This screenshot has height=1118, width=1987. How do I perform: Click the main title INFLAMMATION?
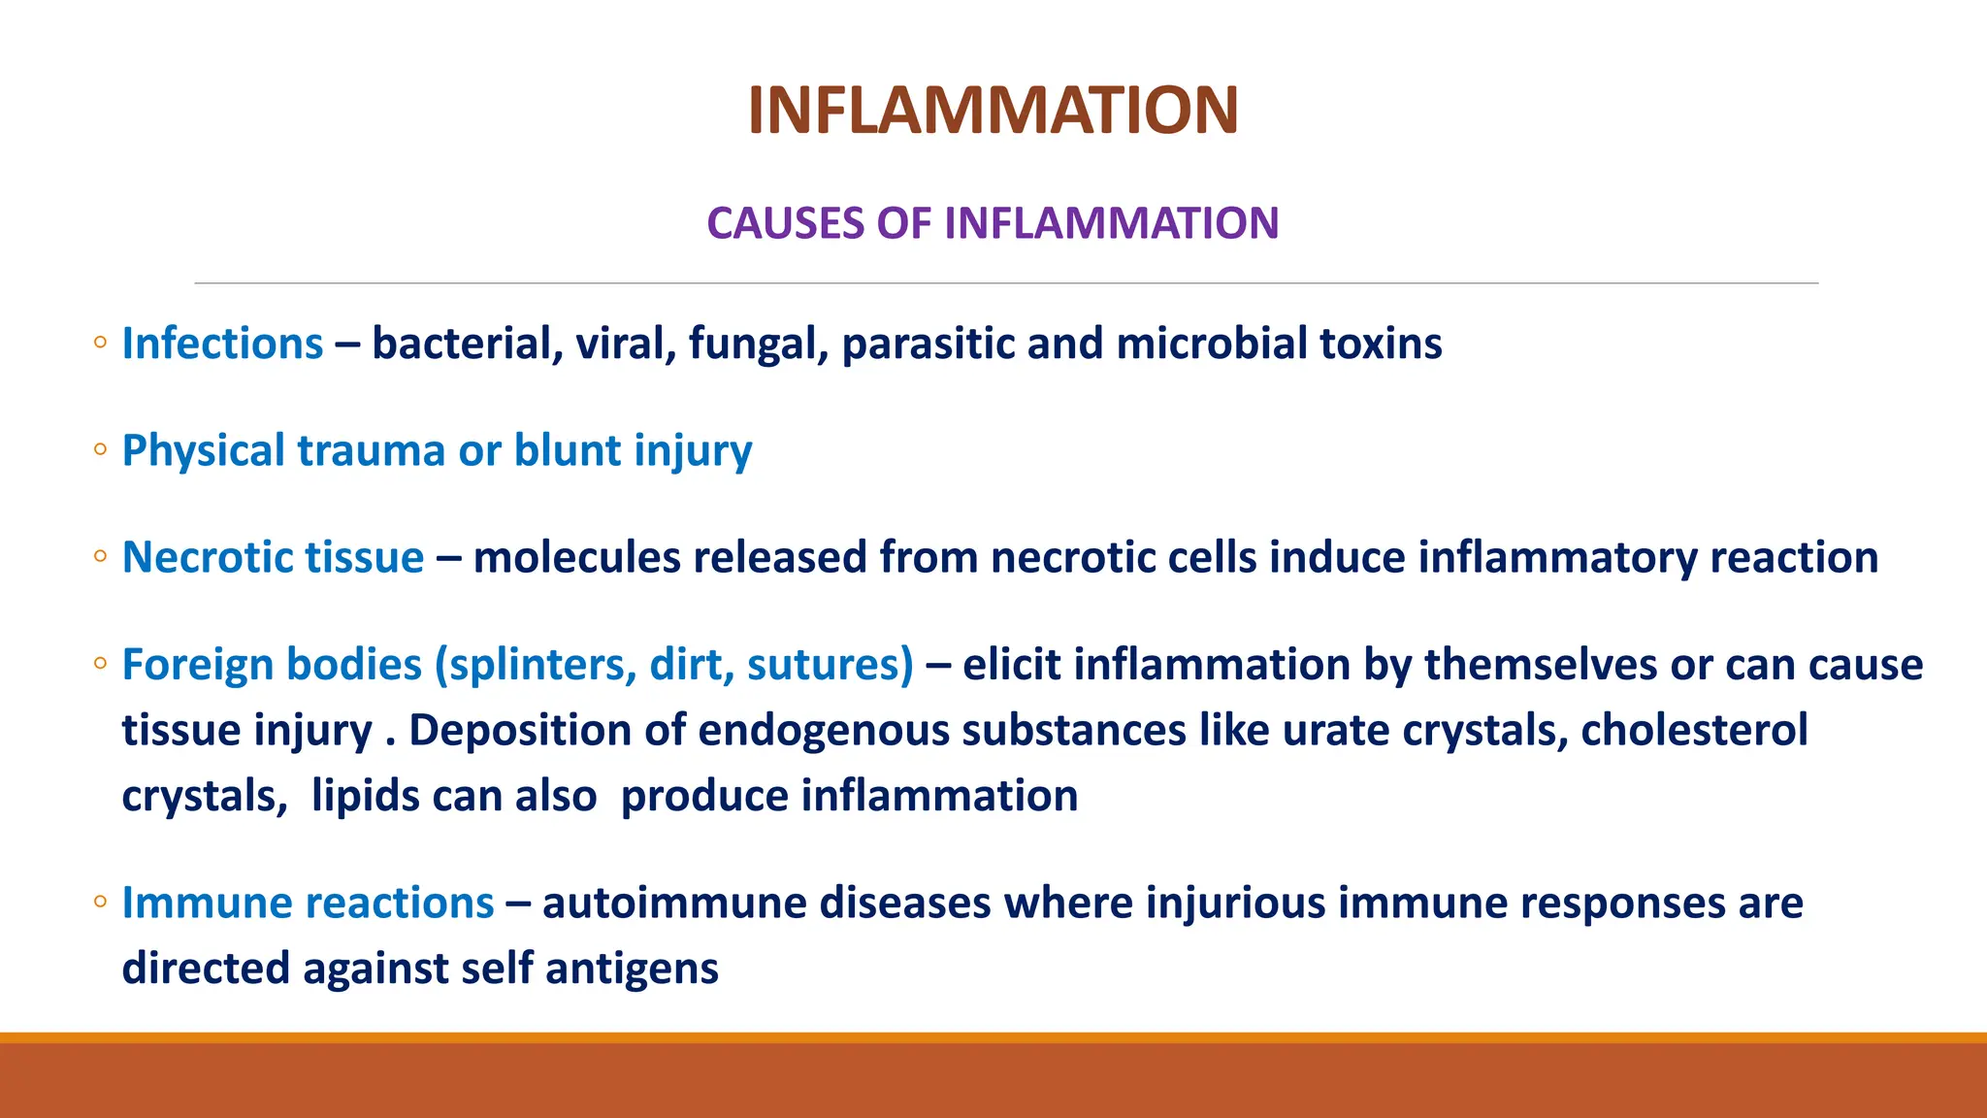[993, 110]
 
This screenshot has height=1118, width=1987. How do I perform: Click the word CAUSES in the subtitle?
[785, 223]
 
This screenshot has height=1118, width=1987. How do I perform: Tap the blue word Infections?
[222, 344]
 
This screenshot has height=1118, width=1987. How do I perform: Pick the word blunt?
[568, 451]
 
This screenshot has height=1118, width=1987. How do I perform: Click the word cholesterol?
[1694, 731]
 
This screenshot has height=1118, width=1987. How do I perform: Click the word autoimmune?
[674, 904]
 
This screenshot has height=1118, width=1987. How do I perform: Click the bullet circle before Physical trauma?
[100, 449]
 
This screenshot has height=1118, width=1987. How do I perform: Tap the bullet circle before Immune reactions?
[100, 902]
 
